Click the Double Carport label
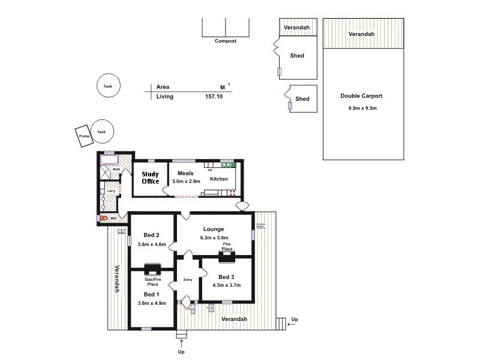[x=361, y=96]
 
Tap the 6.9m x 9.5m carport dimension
[x=361, y=108]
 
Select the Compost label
[x=226, y=41]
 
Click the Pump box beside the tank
[x=83, y=136]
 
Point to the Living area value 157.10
[x=214, y=97]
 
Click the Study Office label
[x=150, y=178]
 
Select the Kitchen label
[x=218, y=179]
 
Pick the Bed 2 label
[x=151, y=235]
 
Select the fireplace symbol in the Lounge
[x=226, y=257]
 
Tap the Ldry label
[x=111, y=191]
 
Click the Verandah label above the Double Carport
[x=362, y=34]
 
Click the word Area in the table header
[x=163, y=87]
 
